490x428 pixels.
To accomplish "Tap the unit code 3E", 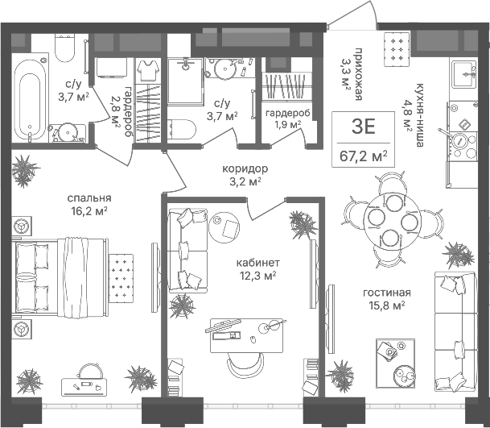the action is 363,127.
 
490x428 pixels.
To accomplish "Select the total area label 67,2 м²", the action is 364,156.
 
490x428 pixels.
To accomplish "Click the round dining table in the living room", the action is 392,221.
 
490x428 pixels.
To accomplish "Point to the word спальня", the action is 89,198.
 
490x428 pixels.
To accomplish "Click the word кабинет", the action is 257,263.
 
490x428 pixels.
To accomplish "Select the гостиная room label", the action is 387,293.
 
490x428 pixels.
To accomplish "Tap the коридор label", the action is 245,169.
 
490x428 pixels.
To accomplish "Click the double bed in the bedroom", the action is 60,276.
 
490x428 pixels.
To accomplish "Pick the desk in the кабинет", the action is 246,335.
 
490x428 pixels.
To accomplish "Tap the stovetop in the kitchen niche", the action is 463,146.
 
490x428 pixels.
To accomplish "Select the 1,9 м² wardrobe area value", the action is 287,125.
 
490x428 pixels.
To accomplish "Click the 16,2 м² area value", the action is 89,211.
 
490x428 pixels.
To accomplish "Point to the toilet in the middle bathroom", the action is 182,129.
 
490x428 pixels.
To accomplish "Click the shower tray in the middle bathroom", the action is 185,81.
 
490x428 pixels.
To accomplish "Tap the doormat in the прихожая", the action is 396,49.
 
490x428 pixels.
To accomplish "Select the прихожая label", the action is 358,74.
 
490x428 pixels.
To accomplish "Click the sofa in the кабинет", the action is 187,251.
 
